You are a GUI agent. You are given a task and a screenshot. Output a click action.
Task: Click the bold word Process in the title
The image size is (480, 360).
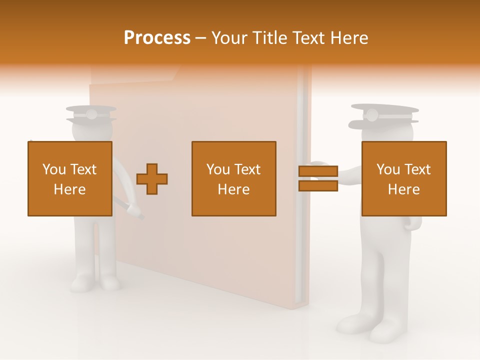157,37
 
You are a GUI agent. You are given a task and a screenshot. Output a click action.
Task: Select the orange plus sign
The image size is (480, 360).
152,179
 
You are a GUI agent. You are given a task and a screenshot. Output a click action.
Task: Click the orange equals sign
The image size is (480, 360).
318,179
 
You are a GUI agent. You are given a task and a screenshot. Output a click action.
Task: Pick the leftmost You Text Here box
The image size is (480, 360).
70,178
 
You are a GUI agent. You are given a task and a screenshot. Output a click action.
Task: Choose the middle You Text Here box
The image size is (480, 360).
233,178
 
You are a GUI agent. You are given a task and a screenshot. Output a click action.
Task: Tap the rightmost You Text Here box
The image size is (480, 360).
403,178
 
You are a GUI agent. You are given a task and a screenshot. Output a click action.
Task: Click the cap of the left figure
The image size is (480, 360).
91,114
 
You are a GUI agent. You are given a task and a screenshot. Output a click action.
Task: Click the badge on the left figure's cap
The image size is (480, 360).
91,114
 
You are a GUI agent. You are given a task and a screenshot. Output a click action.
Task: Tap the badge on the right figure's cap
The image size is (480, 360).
371,115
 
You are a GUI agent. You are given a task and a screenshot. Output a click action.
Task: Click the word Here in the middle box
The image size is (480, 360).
233,189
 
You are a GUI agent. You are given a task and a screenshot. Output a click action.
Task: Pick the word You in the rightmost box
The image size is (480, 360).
387,169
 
